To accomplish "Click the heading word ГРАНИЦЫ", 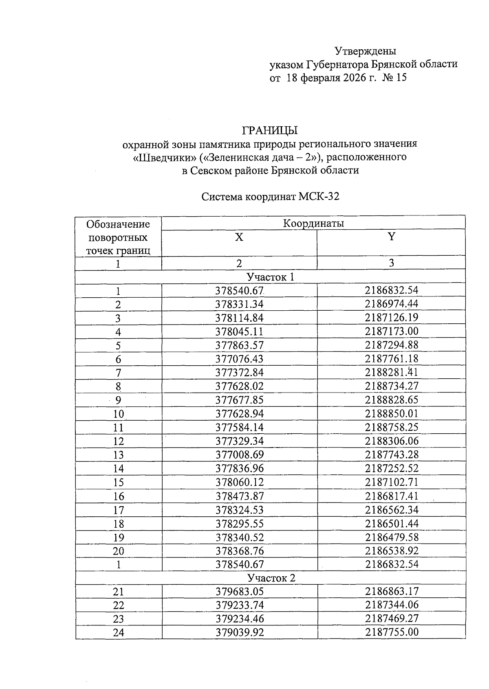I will pyautogui.click(x=270, y=131).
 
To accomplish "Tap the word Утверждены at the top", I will pyautogui.click(x=365, y=51).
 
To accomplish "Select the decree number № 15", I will pyautogui.click(x=394, y=77).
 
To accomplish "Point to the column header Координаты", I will pyautogui.click(x=313, y=223).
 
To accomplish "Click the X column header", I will pyautogui.click(x=239, y=237).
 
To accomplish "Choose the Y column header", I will pyautogui.click(x=391, y=237).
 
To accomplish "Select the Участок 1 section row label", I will pyautogui.click(x=270, y=277).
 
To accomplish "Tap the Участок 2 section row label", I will pyautogui.click(x=271, y=578).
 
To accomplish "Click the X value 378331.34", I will pyautogui.click(x=239, y=305).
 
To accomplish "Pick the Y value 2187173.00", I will pyautogui.click(x=391, y=331).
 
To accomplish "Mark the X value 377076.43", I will pyautogui.click(x=239, y=359).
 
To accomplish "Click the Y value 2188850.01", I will pyautogui.click(x=391, y=413).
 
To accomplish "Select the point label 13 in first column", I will pyautogui.click(x=118, y=455).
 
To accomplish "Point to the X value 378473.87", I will pyautogui.click(x=239, y=496).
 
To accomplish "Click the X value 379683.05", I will pyautogui.click(x=239, y=591).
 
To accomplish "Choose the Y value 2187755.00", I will pyautogui.click(x=391, y=632).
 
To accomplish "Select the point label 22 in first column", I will pyautogui.click(x=118, y=605).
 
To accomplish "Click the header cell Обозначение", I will pyautogui.click(x=118, y=224).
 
